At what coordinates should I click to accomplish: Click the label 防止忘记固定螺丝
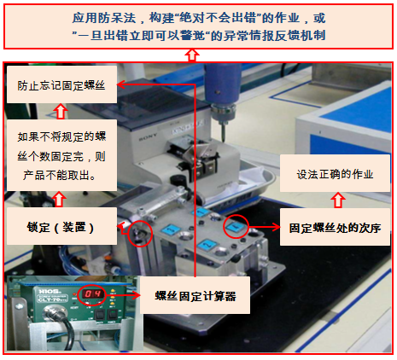pos(61,84)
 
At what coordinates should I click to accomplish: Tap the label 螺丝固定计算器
pos(195,295)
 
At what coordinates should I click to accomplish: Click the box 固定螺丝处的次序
pos(335,227)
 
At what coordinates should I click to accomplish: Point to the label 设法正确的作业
pos(335,173)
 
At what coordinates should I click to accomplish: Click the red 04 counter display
pos(92,293)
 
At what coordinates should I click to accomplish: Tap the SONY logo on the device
pos(148,137)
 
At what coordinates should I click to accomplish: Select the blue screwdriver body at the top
pos(222,84)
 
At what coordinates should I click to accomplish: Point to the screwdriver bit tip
pos(224,140)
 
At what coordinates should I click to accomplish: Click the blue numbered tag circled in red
pos(235,227)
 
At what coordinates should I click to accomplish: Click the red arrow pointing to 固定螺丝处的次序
pos(265,227)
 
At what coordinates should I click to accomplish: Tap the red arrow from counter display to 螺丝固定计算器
pos(123,295)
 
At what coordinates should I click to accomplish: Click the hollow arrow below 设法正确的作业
pos(338,200)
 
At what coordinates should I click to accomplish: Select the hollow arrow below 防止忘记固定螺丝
pos(61,111)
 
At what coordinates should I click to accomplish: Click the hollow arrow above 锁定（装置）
pos(59,199)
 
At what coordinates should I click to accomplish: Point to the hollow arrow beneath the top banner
pos(192,55)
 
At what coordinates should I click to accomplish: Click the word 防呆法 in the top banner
pos(116,18)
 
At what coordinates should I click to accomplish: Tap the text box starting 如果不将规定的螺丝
pos(61,155)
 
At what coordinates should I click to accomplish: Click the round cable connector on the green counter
pos(54,312)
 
